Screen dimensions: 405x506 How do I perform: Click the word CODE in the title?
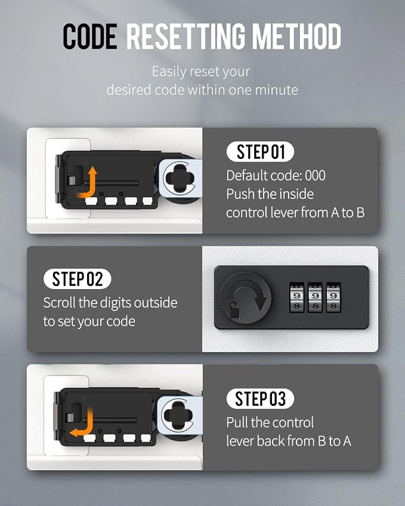(90, 36)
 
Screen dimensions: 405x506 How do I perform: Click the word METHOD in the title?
(296, 36)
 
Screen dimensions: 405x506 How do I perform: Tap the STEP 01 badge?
(260, 151)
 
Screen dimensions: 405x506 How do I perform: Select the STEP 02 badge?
(77, 279)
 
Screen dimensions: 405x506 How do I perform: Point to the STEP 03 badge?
(260, 399)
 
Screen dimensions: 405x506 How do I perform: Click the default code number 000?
(315, 176)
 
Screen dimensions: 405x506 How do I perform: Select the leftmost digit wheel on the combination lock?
(296, 297)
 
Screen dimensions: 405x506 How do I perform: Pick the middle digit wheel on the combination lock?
(315, 297)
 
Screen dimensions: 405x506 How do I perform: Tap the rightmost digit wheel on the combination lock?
(333, 297)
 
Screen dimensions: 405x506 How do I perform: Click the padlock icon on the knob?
(235, 310)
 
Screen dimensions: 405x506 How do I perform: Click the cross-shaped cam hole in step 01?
(179, 178)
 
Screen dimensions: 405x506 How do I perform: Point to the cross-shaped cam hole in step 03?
(177, 415)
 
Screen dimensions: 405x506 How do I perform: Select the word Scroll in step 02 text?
(60, 303)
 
